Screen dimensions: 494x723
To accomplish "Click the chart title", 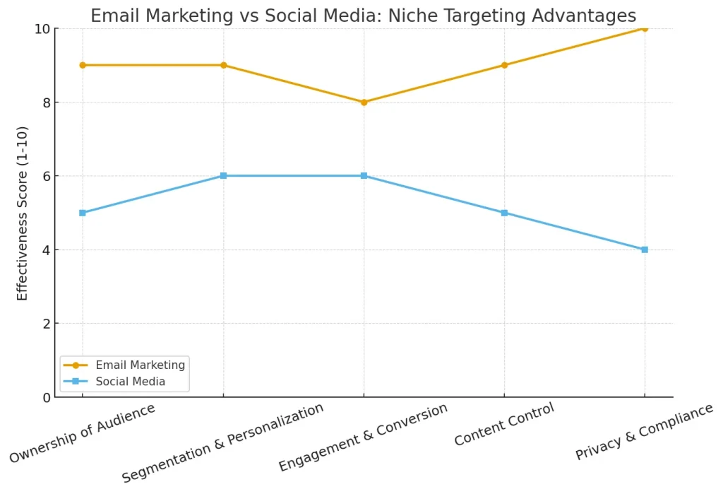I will (x=363, y=16).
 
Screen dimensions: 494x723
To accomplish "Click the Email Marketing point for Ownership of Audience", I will (x=83, y=65).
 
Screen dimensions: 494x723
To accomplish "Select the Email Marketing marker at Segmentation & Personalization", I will (x=223, y=65).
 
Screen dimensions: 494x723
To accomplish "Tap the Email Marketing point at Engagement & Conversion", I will (x=364, y=102).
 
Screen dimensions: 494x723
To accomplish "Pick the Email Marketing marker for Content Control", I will (x=504, y=65).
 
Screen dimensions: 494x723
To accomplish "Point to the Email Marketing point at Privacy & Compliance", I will (x=645, y=28).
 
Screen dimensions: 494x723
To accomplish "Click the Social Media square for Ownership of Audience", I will (x=83, y=213).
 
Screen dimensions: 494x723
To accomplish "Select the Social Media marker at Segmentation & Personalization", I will (x=223, y=175).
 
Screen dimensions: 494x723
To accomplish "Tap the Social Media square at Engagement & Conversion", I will (x=364, y=175).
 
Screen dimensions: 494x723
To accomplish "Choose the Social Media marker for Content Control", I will (x=504, y=213).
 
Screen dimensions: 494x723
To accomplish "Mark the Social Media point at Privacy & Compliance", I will (x=645, y=249).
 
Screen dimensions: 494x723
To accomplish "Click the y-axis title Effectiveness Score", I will (x=23, y=212).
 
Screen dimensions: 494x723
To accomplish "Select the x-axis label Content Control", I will (x=504, y=425).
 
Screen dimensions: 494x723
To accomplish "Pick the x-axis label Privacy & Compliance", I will (x=644, y=433).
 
